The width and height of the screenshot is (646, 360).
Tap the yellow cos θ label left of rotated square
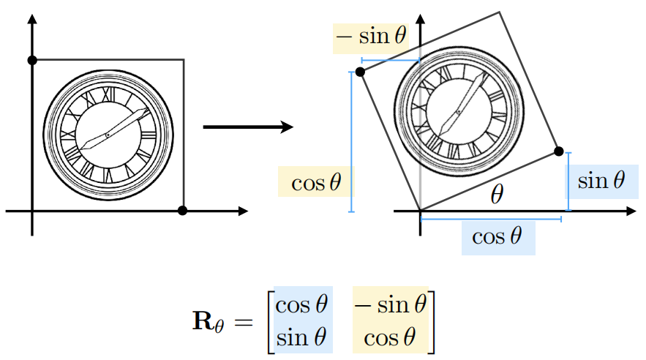point(315,181)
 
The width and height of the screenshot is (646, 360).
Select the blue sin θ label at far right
point(601,180)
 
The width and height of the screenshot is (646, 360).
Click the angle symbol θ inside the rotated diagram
point(497,194)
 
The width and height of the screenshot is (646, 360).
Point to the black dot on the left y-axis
point(31,60)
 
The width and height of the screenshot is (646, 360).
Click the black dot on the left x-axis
point(183,211)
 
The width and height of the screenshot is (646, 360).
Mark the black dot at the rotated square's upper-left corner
point(360,72)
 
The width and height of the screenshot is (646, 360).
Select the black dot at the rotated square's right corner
point(559,151)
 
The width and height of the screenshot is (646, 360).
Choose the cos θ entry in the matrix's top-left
point(302,304)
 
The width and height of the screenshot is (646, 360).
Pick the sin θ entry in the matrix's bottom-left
point(302,337)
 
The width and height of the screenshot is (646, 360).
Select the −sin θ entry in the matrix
point(389,304)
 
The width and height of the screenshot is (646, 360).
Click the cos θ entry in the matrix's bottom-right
point(391,337)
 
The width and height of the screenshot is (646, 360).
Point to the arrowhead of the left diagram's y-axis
point(31,18)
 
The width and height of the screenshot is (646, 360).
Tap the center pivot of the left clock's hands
point(108,135)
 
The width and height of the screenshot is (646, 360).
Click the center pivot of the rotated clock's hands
point(458,111)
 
